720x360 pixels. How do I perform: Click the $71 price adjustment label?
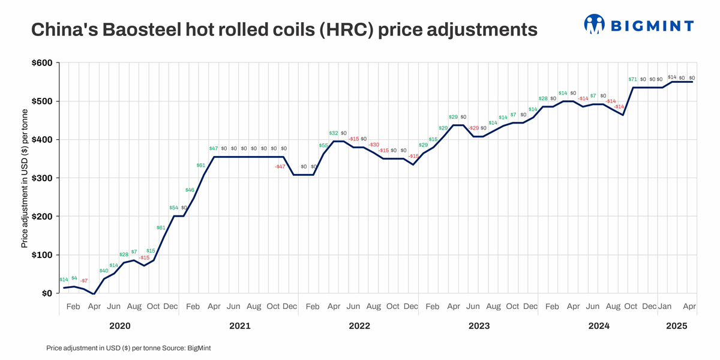click(632, 79)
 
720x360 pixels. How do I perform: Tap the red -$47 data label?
click(280, 166)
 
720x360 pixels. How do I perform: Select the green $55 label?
click(323, 145)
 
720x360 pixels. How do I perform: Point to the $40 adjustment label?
click(104, 271)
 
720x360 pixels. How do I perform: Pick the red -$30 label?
click(374, 145)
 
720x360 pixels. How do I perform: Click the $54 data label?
click(174, 208)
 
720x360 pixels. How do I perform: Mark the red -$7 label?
click(84, 281)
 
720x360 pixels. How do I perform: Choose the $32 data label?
click(334, 133)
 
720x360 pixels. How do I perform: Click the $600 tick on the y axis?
click(41, 63)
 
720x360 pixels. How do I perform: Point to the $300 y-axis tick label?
click(41, 178)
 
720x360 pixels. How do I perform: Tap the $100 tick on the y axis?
click(41, 255)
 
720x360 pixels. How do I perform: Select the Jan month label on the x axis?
click(665, 307)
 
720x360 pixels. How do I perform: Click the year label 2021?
click(240, 326)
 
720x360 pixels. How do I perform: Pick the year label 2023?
click(479, 326)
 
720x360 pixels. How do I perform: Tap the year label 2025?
click(676, 326)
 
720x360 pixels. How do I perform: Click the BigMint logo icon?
click(594, 25)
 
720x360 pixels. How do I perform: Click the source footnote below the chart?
click(128, 348)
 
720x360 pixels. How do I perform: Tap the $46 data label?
click(190, 190)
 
